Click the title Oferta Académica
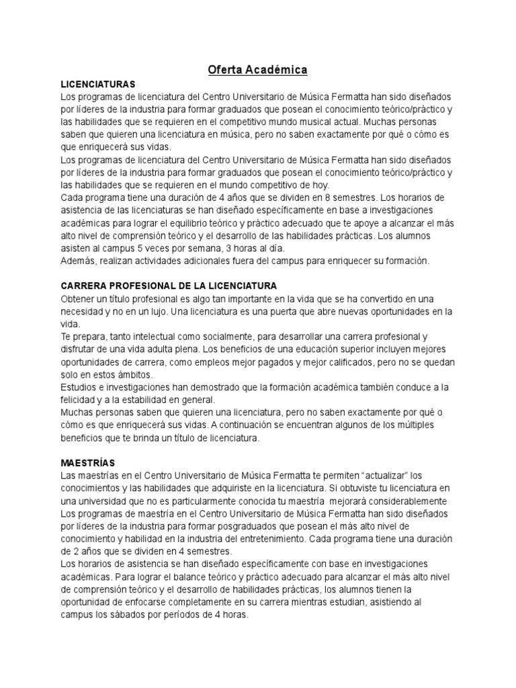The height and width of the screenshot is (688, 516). pos(257,69)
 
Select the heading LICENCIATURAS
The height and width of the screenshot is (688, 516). pos(98,84)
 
